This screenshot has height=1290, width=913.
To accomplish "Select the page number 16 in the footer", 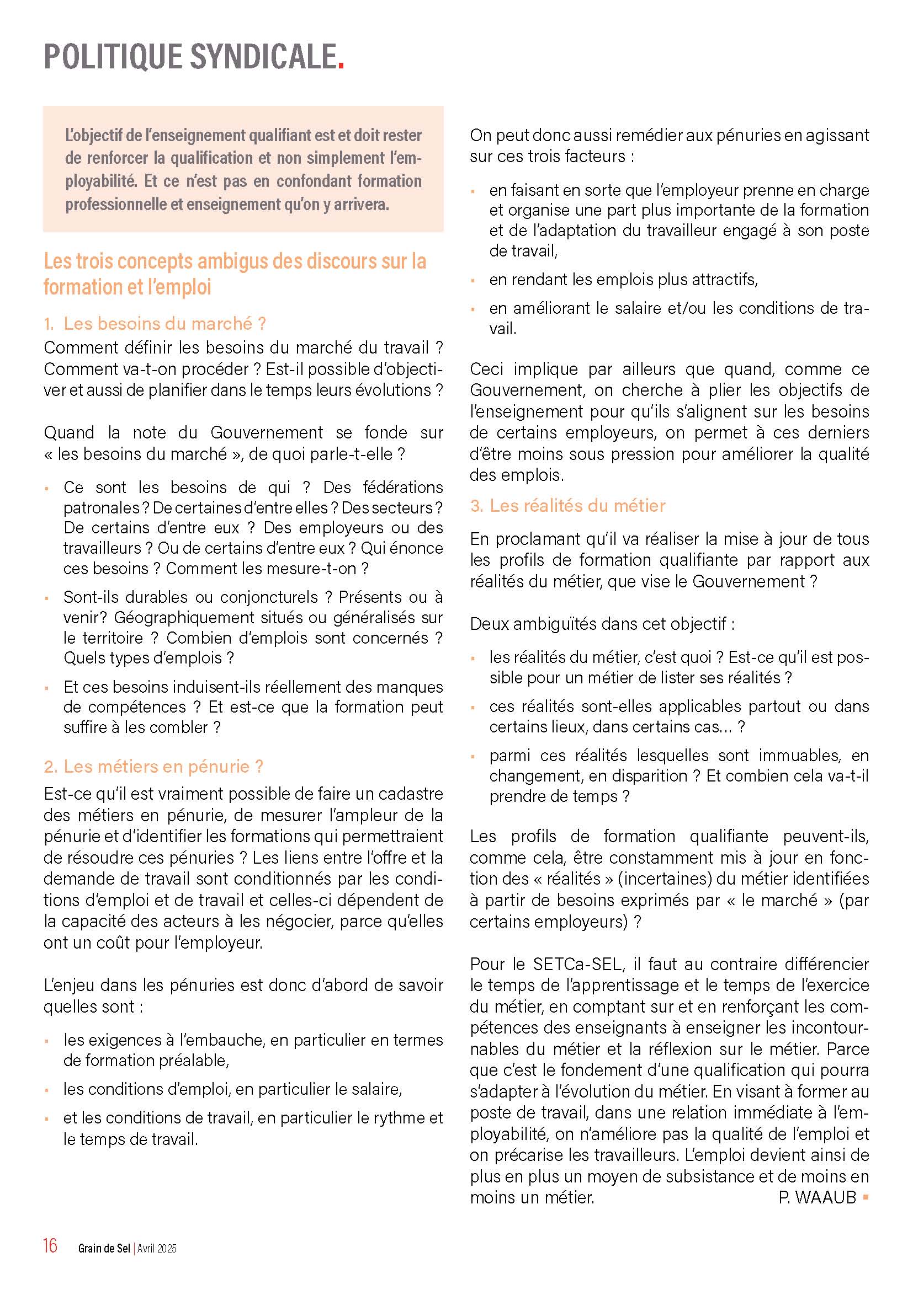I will click(x=50, y=1246).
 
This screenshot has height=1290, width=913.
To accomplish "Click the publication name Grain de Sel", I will click(x=104, y=1249).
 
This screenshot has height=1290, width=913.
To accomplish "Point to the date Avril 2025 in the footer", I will click(x=157, y=1249).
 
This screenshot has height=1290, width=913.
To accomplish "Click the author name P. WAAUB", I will click(x=817, y=1197).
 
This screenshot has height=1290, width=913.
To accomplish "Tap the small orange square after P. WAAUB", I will click(x=865, y=1197).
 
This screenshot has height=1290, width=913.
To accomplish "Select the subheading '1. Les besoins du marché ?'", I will click(x=155, y=324).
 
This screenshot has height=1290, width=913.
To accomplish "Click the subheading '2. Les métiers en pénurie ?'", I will click(x=153, y=767).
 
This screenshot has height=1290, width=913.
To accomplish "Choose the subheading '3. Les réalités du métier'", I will click(x=568, y=506).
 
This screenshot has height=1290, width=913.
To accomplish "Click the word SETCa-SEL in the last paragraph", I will click(x=578, y=964).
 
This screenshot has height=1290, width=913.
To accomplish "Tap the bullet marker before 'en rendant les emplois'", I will click(x=474, y=280).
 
